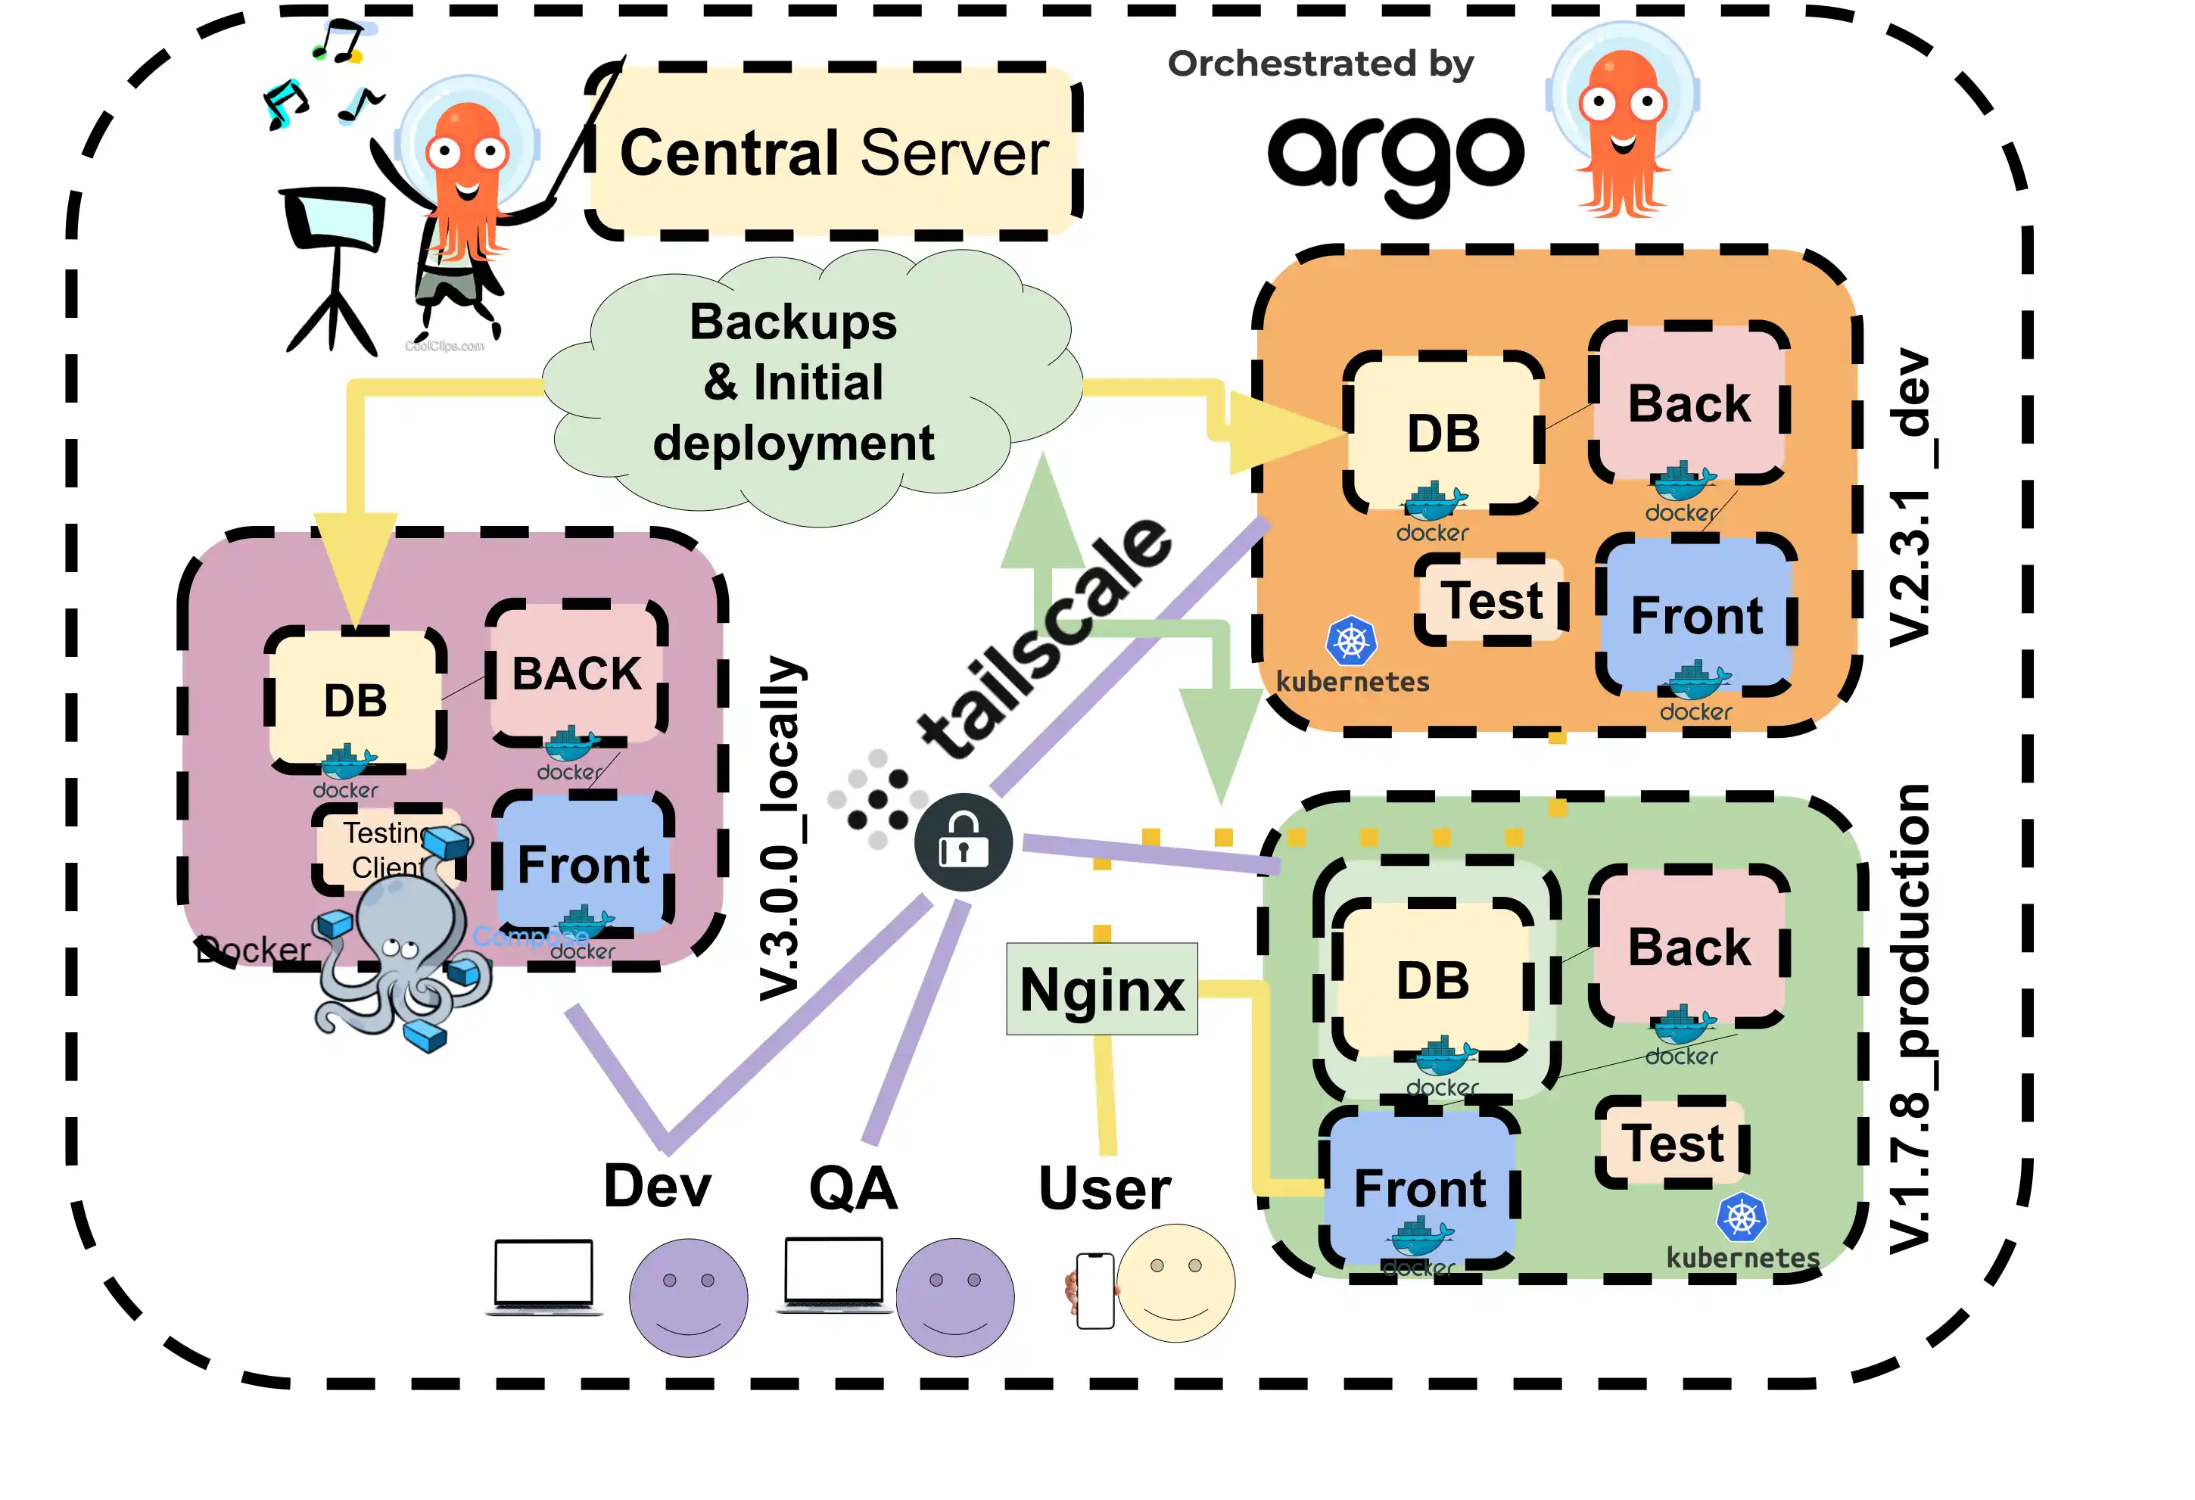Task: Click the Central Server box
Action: pyautogui.click(x=833, y=152)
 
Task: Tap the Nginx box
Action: pyautogui.click(x=1101, y=989)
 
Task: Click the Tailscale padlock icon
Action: pyautogui.click(x=963, y=842)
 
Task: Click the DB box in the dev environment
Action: pyautogui.click(x=1442, y=434)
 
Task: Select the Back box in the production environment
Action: pyautogui.click(x=1689, y=947)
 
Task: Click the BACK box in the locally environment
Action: pyautogui.click(x=576, y=673)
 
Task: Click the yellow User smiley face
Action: pyautogui.click(x=1176, y=1283)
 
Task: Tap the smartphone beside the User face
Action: pyautogui.click(x=1094, y=1290)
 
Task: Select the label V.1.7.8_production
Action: pyautogui.click(x=1908, y=1020)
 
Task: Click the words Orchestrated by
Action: pyautogui.click(x=1319, y=64)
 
